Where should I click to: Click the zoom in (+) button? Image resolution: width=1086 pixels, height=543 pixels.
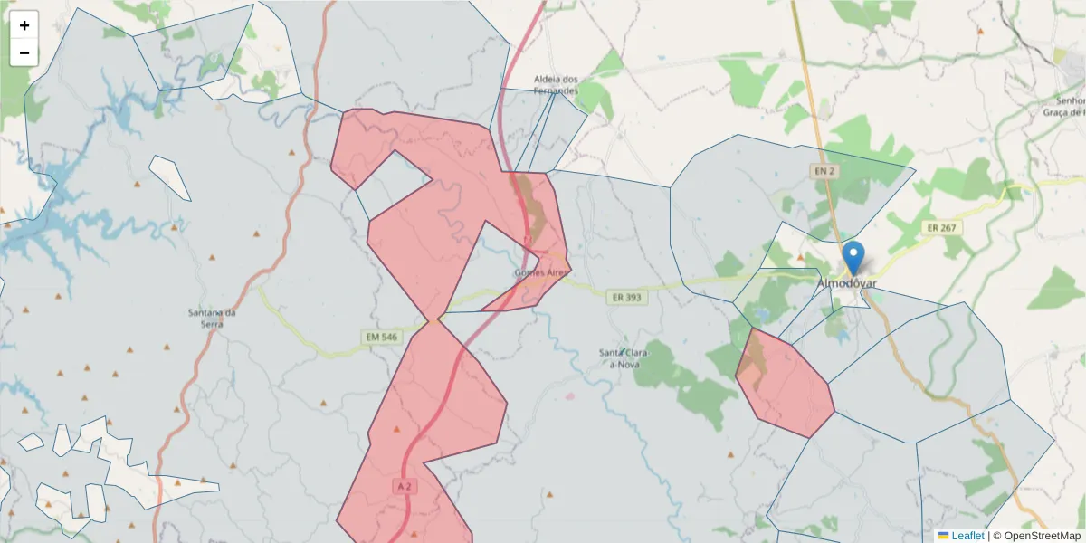(x=24, y=25)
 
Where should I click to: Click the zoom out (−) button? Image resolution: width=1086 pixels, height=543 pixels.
(x=24, y=52)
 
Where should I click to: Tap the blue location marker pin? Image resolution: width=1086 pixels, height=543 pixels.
(x=852, y=257)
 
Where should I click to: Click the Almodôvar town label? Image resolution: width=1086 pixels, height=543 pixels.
(x=846, y=283)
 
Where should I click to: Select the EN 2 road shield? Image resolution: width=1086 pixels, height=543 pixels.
(x=822, y=170)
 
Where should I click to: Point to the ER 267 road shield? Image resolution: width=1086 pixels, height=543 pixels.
(x=940, y=228)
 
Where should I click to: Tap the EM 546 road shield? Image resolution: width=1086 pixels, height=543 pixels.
(x=381, y=338)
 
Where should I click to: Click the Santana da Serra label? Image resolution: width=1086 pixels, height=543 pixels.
(x=212, y=319)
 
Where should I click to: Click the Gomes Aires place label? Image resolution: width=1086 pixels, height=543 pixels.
(x=540, y=272)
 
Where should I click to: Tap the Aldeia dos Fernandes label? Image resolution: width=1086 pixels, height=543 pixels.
(x=555, y=85)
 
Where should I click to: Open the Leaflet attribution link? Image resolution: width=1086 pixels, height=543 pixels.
(x=967, y=536)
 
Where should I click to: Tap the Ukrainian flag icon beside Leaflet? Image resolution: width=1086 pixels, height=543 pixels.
(x=943, y=536)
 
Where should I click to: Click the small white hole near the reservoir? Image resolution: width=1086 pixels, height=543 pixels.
(x=169, y=176)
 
